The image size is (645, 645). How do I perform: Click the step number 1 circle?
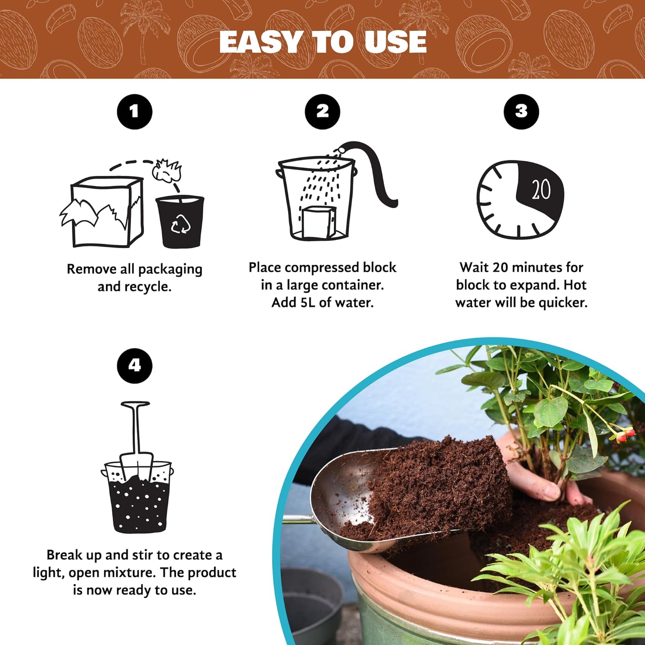[x=135, y=112]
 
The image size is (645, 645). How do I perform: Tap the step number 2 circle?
[x=322, y=111]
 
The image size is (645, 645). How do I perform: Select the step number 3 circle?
[x=521, y=111]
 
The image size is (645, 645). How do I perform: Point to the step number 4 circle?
[x=135, y=365]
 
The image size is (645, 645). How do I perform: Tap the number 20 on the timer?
[x=541, y=189]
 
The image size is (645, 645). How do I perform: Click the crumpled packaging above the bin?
[x=167, y=170]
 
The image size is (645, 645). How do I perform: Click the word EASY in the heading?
[x=260, y=42]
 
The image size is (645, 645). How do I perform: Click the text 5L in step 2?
[x=307, y=303]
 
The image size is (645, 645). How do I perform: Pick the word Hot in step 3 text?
[x=574, y=285]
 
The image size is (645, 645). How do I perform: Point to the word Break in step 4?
[x=64, y=555]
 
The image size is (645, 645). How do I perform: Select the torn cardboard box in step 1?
[x=103, y=213]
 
